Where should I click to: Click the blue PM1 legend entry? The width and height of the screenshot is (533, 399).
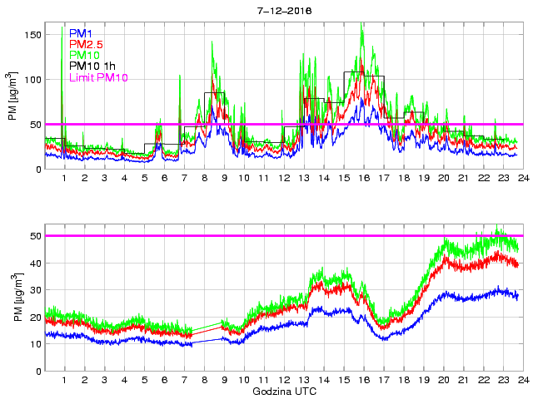coord(81,32)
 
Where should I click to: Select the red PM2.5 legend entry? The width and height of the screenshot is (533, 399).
coord(87,43)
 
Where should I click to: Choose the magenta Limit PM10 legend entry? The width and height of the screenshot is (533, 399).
coord(101,77)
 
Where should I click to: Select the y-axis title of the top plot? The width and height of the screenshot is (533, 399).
coord(13,96)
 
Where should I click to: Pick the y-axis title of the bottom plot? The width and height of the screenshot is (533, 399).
coord(13,297)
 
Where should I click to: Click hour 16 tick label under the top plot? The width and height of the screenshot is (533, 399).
coord(364,179)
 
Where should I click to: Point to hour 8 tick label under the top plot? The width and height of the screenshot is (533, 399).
coord(205,179)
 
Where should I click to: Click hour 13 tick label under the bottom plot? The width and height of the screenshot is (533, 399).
coord(304,380)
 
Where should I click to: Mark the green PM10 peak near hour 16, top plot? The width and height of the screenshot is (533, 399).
coord(361,25)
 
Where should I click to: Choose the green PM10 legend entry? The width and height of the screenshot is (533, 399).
coord(84,55)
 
